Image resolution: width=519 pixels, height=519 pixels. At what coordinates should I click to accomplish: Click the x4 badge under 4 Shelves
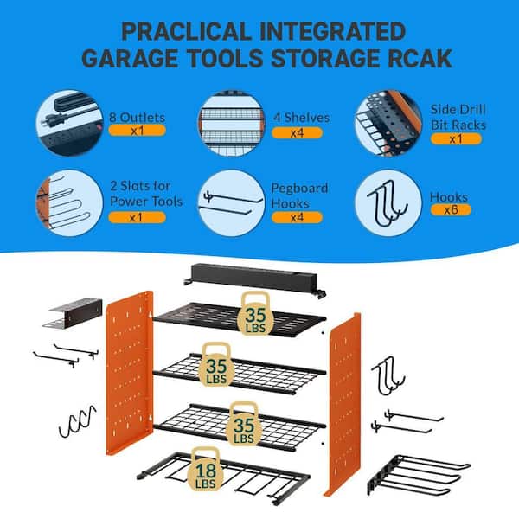[x=297, y=133]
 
